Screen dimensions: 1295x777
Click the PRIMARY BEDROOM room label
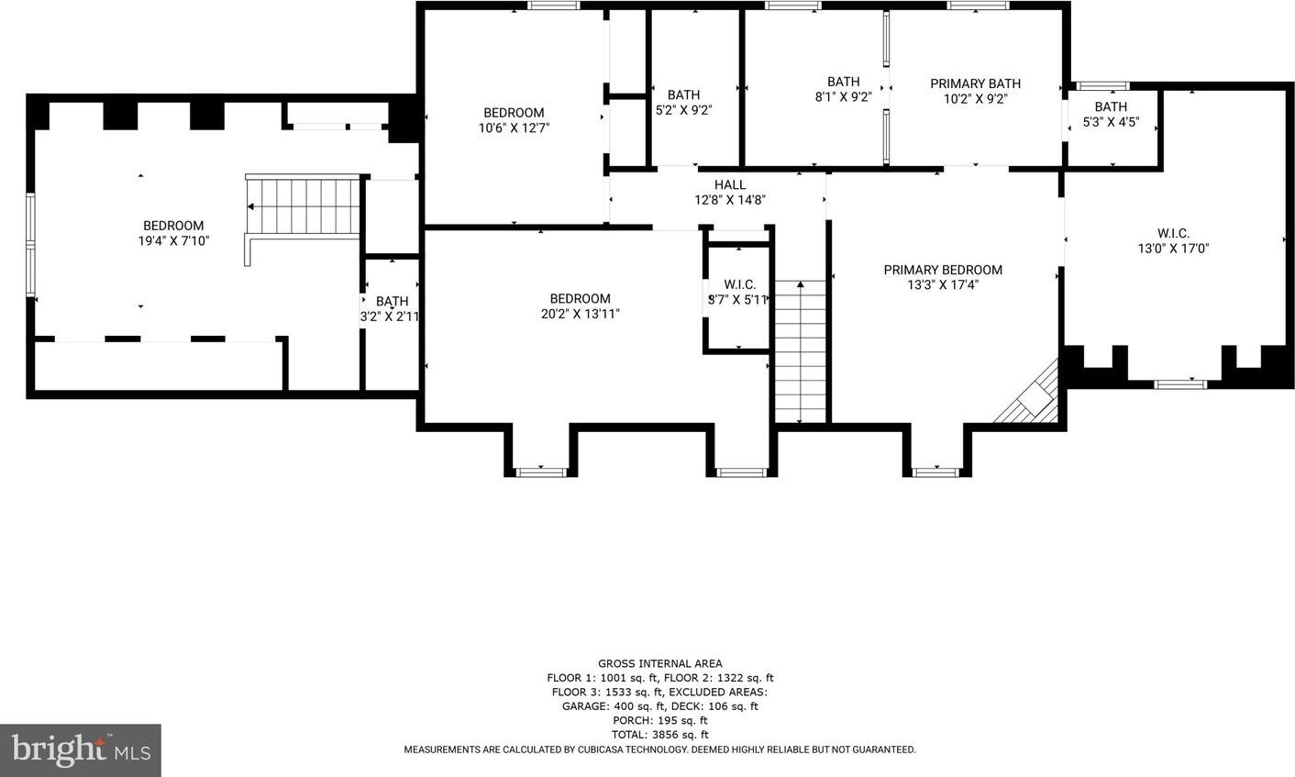point(943,270)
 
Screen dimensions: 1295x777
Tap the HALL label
point(730,185)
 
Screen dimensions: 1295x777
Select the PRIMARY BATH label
point(975,83)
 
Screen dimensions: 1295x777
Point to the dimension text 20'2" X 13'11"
point(581,314)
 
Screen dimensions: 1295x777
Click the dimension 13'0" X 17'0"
point(1174,249)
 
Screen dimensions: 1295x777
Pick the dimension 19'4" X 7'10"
point(173,241)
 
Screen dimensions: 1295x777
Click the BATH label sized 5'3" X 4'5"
point(1111,107)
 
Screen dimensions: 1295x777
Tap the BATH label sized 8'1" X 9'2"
point(844,82)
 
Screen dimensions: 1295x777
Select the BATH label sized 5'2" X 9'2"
point(684,94)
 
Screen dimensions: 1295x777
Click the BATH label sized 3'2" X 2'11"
point(392,301)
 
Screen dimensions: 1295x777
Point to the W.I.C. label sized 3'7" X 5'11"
point(740,284)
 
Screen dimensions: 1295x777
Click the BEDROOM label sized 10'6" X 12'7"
point(514,113)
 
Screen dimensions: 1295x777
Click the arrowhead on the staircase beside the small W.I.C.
point(801,284)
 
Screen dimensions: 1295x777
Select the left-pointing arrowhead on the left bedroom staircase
point(251,206)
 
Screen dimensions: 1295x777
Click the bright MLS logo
point(81,750)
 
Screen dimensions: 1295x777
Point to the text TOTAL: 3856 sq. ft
point(660,735)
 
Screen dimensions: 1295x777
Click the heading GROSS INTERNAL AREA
point(660,663)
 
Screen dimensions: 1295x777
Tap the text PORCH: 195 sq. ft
point(660,720)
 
